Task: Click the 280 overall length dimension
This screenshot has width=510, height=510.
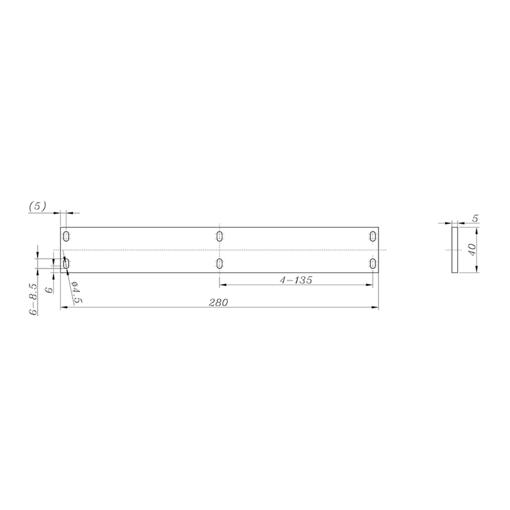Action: pyautogui.click(x=219, y=302)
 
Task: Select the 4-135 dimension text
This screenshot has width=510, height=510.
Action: pyautogui.click(x=296, y=280)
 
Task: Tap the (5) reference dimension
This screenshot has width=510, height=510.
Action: pyautogui.click(x=37, y=206)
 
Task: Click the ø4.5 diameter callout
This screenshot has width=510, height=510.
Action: pyautogui.click(x=76, y=292)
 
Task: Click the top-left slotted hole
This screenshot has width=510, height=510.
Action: pyautogui.click(x=66, y=236)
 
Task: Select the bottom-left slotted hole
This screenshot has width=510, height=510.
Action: pyautogui.click(x=66, y=263)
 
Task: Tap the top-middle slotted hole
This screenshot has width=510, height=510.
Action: pyautogui.click(x=219, y=236)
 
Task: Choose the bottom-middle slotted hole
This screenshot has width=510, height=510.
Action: pyautogui.click(x=219, y=263)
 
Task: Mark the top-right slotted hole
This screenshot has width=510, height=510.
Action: pyautogui.click(x=373, y=236)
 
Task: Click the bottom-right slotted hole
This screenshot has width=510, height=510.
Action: pyautogui.click(x=373, y=263)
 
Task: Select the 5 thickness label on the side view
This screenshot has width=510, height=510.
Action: pyautogui.click(x=476, y=218)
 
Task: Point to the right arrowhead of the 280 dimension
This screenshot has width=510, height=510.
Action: pyautogui.click(x=376, y=307)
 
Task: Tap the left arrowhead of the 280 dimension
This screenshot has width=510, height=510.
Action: pyautogui.click(x=63, y=307)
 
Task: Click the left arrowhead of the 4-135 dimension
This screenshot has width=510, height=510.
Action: pyautogui.click(x=222, y=285)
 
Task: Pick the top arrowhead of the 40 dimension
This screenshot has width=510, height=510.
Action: pyautogui.click(x=477, y=230)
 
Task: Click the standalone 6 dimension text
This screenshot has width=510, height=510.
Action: pyautogui.click(x=49, y=290)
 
